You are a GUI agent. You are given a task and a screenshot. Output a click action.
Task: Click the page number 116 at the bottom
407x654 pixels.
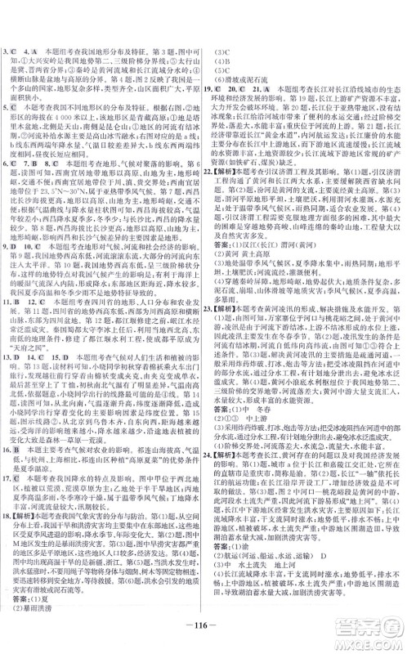tap(203, 627)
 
